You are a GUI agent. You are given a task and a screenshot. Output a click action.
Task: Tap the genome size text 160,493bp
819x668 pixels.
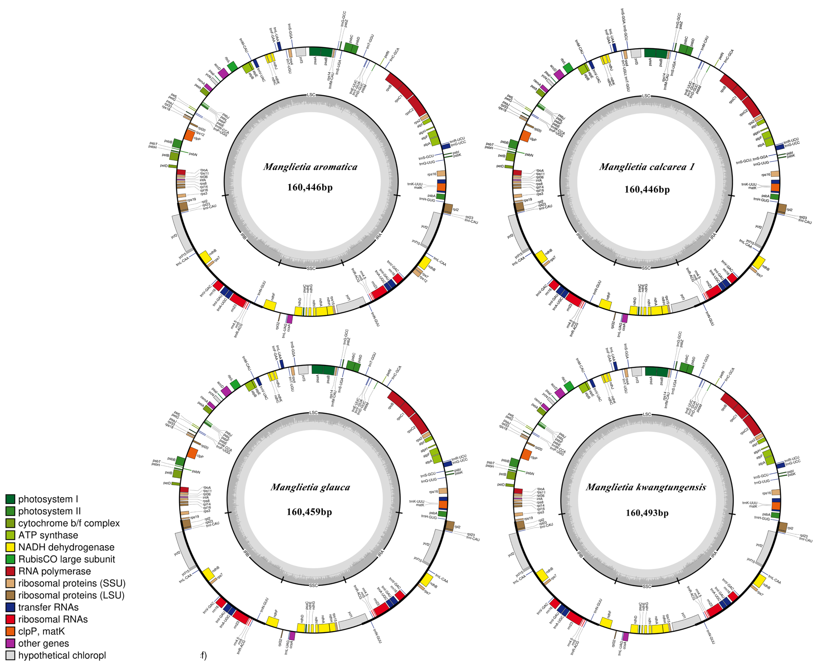[x=647, y=513]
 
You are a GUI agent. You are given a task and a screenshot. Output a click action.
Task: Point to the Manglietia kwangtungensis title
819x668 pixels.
[x=646, y=487]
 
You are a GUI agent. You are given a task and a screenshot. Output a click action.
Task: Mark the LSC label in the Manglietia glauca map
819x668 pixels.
[x=314, y=413]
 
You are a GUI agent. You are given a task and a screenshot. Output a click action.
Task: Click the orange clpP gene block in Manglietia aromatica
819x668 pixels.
[x=189, y=135]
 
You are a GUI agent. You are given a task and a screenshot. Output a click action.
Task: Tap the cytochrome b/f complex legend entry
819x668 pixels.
[x=69, y=523]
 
